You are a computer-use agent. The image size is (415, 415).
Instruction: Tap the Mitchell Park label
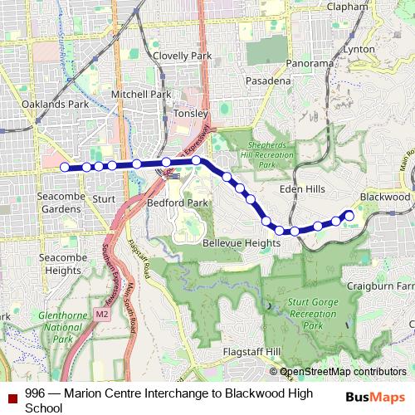pos(143,95)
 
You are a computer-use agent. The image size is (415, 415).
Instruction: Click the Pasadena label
pos(267,81)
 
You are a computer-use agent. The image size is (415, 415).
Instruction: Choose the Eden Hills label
pos(302,189)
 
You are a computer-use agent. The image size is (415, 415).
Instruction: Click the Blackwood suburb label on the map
pos(385,198)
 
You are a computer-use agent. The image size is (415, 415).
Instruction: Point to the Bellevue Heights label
pos(242,243)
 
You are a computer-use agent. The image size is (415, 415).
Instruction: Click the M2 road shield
pos(101,315)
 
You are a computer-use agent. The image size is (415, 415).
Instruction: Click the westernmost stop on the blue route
pos(66,166)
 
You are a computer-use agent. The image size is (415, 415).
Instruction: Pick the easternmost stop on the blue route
pos(349,216)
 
